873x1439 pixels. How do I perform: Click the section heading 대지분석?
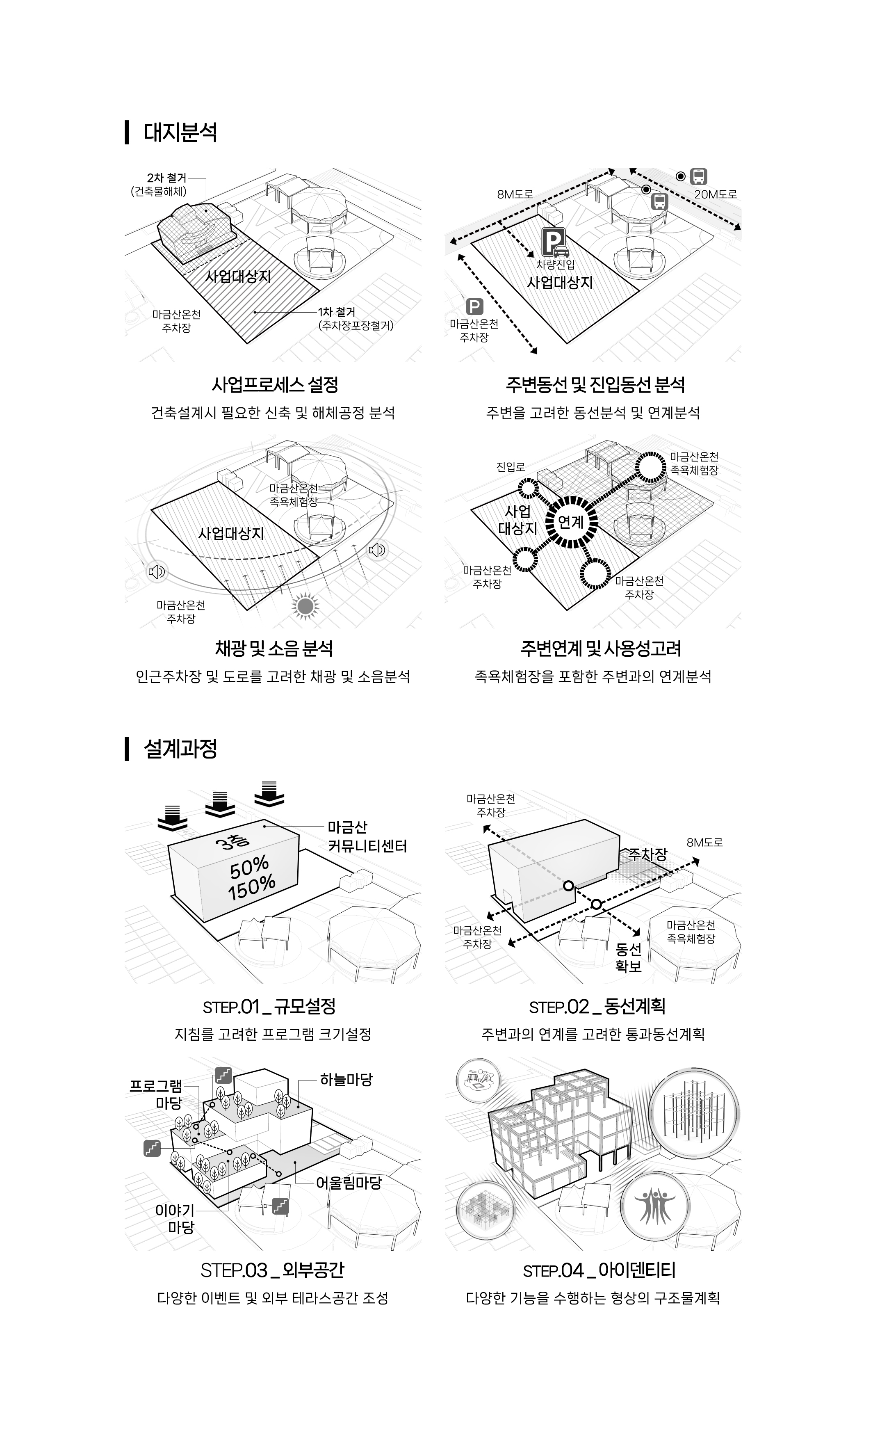click(x=180, y=132)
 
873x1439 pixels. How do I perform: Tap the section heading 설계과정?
click(x=180, y=748)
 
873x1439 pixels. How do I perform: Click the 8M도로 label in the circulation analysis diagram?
click(x=515, y=194)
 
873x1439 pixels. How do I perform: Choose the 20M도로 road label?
click(x=715, y=194)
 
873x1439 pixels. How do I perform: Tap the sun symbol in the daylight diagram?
click(x=305, y=606)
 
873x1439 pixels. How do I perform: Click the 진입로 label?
click(x=511, y=467)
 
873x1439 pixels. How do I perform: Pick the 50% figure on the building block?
click(x=249, y=868)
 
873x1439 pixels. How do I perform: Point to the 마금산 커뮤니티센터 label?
click(x=367, y=836)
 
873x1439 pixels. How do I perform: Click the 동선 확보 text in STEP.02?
click(x=628, y=958)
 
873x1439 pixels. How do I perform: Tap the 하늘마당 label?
click(x=346, y=1080)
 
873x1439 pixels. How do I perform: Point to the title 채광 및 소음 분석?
click(x=274, y=648)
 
